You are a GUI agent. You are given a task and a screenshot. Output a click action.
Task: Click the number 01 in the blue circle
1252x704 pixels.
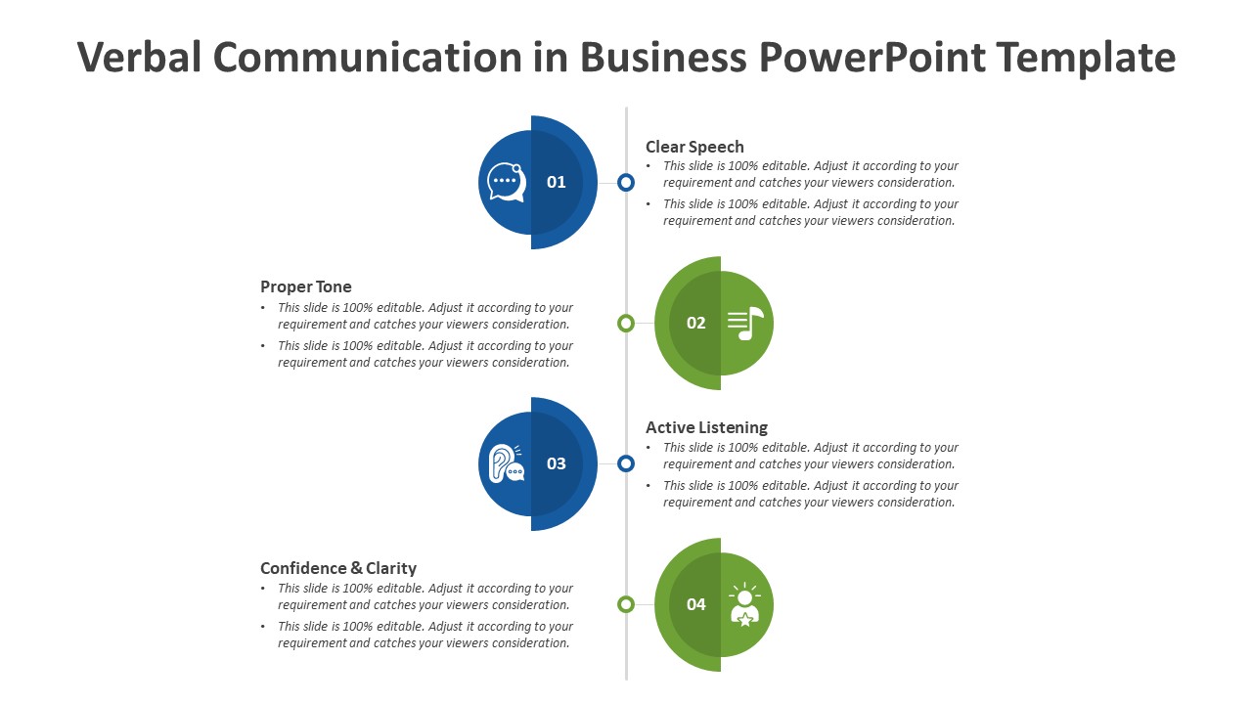[x=557, y=182]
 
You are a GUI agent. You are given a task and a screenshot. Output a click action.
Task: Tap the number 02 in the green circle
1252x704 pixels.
[x=696, y=323]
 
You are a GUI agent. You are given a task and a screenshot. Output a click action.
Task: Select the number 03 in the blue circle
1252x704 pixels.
[x=557, y=463]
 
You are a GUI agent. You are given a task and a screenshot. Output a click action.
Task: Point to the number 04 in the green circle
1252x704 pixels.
[x=696, y=604]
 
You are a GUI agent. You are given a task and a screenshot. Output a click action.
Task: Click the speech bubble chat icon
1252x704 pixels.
[x=507, y=182]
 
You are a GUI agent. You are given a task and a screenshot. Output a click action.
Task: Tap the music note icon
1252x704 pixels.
[x=745, y=323]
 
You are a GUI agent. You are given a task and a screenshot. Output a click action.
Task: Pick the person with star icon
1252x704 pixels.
[x=745, y=604]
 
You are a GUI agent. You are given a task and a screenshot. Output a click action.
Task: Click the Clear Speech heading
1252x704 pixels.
[x=694, y=147]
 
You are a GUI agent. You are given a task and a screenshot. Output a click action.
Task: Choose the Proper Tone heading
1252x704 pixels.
[x=306, y=286]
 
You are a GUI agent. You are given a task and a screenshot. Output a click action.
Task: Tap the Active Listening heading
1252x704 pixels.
[x=706, y=427]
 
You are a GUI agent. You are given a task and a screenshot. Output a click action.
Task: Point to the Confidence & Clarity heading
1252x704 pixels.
[x=338, y=568]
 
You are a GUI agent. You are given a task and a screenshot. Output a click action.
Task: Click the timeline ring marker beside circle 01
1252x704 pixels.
[x=626, y=182]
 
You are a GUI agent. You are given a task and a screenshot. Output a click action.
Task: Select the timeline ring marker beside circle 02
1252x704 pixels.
[x=626, y=323]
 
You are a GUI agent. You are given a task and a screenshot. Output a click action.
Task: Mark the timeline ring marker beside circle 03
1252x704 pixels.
[x=626, y=463]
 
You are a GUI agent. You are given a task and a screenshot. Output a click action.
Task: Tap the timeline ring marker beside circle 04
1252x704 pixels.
[x=626, y=604]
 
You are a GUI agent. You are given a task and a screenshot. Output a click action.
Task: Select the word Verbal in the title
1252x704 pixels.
[x=139, y=59]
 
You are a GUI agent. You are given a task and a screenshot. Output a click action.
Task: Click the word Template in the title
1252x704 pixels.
[x=1086, y=59]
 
